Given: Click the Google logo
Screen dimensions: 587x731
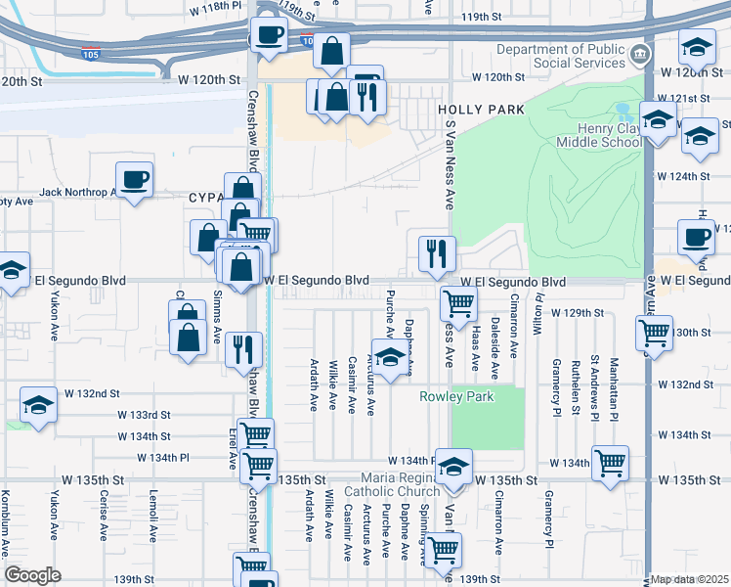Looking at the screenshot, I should (32, 575).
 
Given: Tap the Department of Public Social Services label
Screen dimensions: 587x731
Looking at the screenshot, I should (560, 58).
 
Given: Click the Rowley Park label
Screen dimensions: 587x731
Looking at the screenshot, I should (457, 396).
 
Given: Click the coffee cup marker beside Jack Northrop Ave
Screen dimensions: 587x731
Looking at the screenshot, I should (135, 180).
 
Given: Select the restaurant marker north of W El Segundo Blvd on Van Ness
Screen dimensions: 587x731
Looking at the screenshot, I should (437, 254).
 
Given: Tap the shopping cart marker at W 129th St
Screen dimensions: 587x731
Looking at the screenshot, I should (457, 302).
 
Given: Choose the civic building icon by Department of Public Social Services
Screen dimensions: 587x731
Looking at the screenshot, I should (639, 52).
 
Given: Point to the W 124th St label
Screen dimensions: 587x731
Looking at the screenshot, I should (683, 176).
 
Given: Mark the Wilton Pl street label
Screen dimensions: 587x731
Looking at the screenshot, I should (537, 315).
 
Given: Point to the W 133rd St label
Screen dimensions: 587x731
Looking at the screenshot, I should (144, 415).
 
